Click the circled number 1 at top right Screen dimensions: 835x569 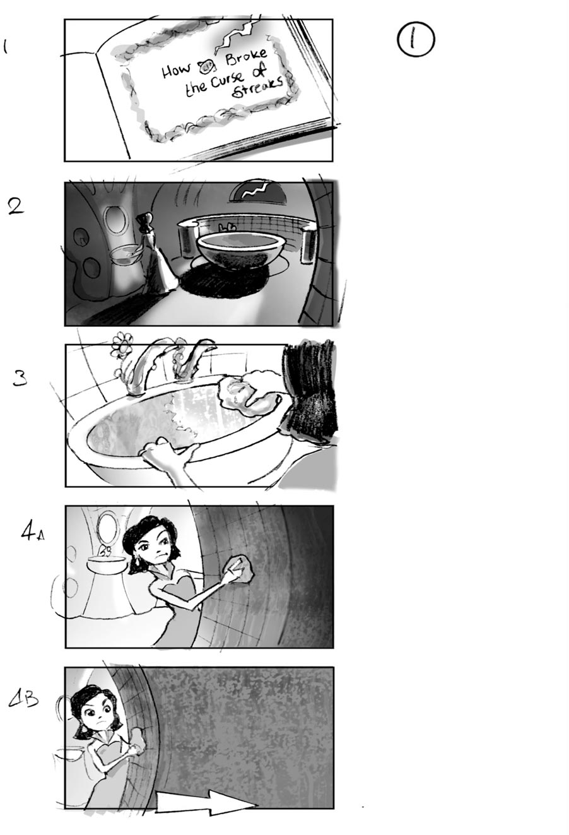(416, 40)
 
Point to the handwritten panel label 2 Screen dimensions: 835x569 (16, 206)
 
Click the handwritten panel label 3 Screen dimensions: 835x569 (20, 378)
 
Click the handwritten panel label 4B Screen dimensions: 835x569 (24, 699)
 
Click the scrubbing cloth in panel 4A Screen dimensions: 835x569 (241, 569)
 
